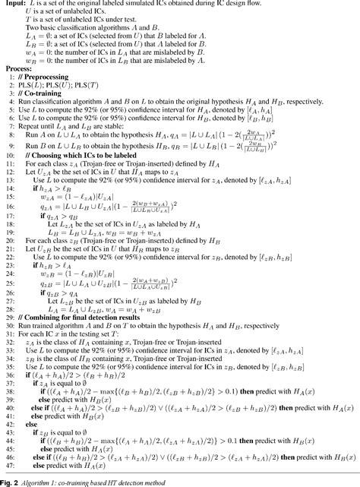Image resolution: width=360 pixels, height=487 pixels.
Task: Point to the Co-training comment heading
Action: pyautogui.click(x=43, y=96)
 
